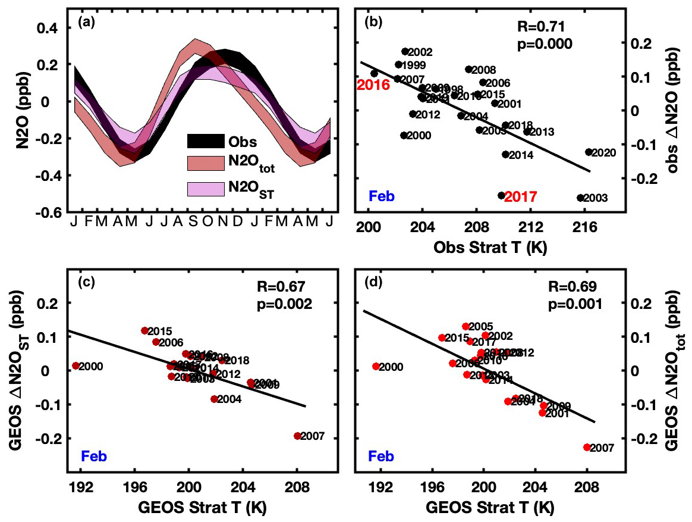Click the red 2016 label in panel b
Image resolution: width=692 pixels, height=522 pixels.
[x=373, y=85]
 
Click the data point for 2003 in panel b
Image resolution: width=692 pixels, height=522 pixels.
[x=580, y=198]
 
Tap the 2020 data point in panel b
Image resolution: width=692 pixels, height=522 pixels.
[x=589, y=152]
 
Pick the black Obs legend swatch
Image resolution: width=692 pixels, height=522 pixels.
[x=204, y=142]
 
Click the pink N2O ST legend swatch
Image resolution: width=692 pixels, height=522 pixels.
[x=204, y=189]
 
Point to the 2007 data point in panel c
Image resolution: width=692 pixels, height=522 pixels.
[x=297, y=436]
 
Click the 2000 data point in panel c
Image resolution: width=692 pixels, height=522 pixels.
[x=76, y=365]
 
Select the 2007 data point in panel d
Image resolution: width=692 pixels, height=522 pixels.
[x=587, y=447]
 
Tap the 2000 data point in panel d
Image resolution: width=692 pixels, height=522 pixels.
[x=376, y=366]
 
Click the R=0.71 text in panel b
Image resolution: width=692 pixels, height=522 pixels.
[x=544, y=27]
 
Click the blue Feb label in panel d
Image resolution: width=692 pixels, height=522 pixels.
[x=381, y=457]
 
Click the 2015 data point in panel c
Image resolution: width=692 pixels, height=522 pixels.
[x=144, y=330]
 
